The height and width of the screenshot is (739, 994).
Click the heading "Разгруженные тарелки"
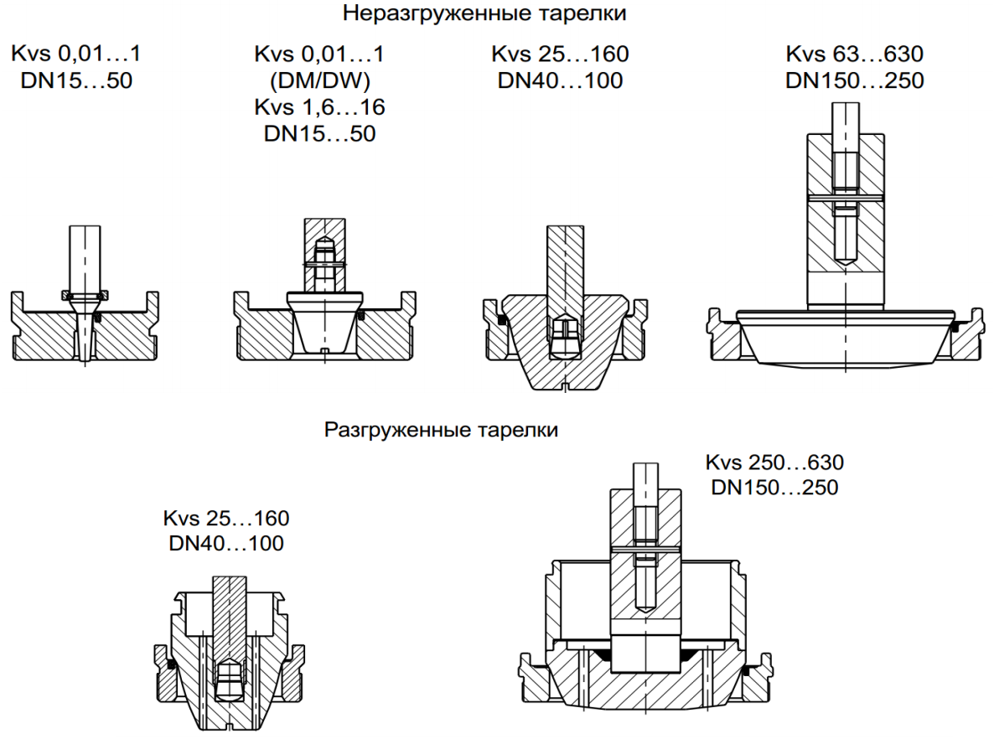(x=441, y=431)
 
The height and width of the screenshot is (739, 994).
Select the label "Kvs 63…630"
(x=854, y=54)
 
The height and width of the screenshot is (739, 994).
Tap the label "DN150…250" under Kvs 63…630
(x=854, y=81)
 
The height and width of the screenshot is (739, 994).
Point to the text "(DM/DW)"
(x=319, y=81)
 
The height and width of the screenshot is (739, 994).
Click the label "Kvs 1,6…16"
(x=319, y=107)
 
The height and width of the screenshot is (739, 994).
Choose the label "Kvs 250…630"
(x=774, y=462)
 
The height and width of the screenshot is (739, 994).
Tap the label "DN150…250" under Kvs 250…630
(x=774, y=488)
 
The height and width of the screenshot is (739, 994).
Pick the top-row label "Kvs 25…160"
(x=560, y=54)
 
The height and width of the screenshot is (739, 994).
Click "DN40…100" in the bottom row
(x=226, y=543)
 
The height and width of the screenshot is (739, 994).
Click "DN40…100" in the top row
(x=560, y=81)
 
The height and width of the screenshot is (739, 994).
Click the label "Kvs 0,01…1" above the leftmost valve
(x=75, y=54)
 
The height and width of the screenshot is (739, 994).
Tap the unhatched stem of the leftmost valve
(x=85, y=256)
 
